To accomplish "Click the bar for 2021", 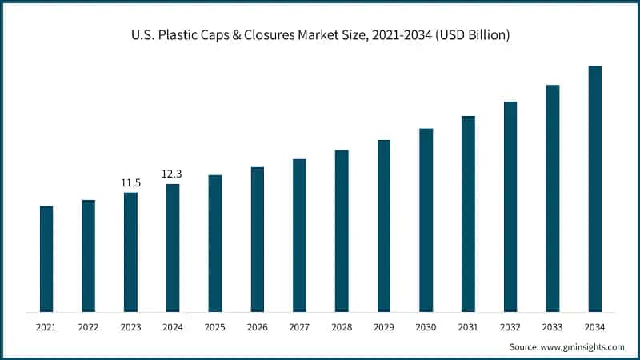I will [46, 258].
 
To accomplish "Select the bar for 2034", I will [595, 189].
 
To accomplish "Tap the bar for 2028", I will [342, 230].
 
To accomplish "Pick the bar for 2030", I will [426, 220].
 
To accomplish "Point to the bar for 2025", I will [215, 243].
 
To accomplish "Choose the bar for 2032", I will [510, 206].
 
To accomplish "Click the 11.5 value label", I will [130, 183].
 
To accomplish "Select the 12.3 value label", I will [173, 174].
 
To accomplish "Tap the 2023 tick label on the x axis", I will [130, 327].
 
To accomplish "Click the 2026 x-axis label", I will [258, 327].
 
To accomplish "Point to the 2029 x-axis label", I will [384, 327].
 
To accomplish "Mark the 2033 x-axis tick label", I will [553, 327].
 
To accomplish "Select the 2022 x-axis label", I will [88, 327].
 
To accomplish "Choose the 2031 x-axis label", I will [468, 327].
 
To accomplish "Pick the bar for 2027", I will [299, 235].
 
